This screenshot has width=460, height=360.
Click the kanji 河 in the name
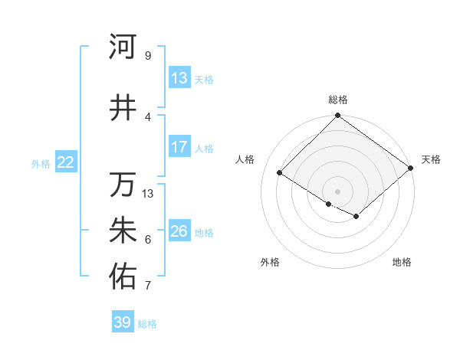coord(122,47)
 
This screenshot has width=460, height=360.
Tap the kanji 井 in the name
coord(122,107)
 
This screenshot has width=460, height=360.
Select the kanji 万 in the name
coord(122,185)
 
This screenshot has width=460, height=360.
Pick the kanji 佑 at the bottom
coord(122,277)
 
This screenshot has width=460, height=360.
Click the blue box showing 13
coord(179,78)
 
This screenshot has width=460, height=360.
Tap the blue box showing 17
coord(179,147)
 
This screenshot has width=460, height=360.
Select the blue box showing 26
coord(179,231)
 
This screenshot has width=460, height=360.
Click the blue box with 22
coord(66,162)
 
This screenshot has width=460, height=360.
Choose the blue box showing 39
coord(123,323)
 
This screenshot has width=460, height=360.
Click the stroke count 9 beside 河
coord(147,56)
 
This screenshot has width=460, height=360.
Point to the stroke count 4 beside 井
coord(147,116)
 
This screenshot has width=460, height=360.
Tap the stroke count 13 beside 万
coord(148,194)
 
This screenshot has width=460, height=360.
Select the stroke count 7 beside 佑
coord(147,286)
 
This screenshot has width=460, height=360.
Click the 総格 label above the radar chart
coord(338,100)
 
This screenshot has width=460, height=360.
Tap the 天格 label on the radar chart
coord(431,159)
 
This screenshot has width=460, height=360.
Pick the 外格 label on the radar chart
coord(270,262)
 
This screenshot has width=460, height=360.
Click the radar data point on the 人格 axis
coord(280,172)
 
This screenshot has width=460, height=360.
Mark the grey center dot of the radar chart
coord(337,191)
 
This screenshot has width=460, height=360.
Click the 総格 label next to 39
coord(147,324)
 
